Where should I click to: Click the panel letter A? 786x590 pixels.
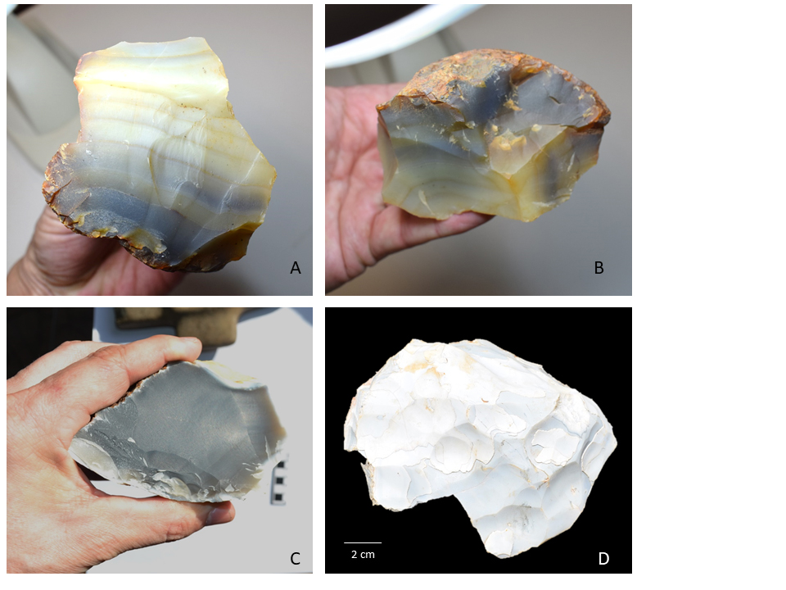click(296, 268)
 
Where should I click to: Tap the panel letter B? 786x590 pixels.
click(599, 268)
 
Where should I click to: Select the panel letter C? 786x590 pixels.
click(296, 558)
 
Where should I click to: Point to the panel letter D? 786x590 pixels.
click(603, 558)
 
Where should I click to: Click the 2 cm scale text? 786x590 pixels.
click(363, 555)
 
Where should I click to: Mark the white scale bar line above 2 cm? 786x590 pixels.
click(363, 542)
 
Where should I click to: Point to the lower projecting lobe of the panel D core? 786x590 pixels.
click(501, 522)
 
